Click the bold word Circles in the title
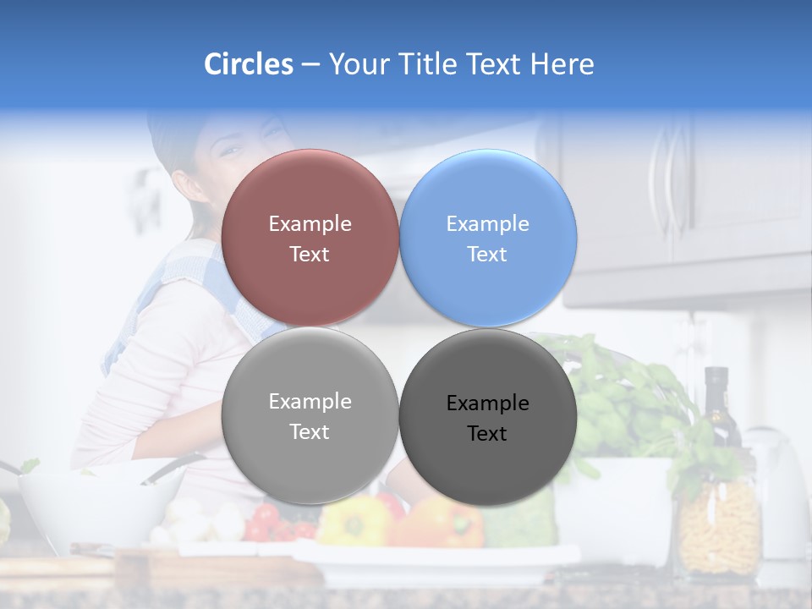click(x=249, y=64)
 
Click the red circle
click(x=310, y=238)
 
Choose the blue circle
click(x=488, y=238)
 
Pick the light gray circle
click(x=310, y=415)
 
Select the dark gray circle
click(x=488, y=417)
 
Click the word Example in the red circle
click(x=310, y=223)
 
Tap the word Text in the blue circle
click(x=487, y=254)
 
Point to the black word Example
click(x=487, y=403)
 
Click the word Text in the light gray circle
click(x=310, y=431)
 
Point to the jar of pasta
click(x=719, y=525)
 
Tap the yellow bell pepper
click(x=354, y=521)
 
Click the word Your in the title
click(x=358, y=64)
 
